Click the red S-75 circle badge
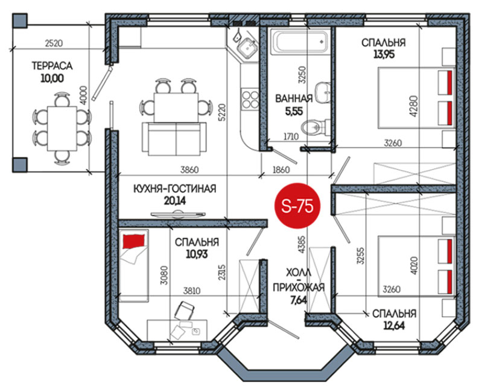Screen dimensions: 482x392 (x=297, y=206)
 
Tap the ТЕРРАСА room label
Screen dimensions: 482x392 (x=52, y=66)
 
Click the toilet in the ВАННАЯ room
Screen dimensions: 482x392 (x=314, y=127)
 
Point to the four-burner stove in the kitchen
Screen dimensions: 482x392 (x=250, y=99)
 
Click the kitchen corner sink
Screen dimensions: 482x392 (x=247, y=48)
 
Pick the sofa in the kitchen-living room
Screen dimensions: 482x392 (x=174, y=139)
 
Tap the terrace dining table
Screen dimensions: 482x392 (x=62, y=128)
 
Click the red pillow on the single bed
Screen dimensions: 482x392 (x=133, y=240)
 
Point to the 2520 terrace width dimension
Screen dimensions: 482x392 (x=54, y=43)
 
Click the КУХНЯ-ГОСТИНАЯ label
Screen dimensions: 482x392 (x=174, y=188)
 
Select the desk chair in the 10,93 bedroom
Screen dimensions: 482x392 (x=184, y=309)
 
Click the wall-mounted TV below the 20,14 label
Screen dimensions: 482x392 (x=178, y=214)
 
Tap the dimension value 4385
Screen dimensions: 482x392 (x=302, y=244)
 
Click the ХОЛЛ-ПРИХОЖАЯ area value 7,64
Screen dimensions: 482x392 (x=299, y=299)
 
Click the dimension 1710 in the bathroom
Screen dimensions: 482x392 (x=291, y=136)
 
